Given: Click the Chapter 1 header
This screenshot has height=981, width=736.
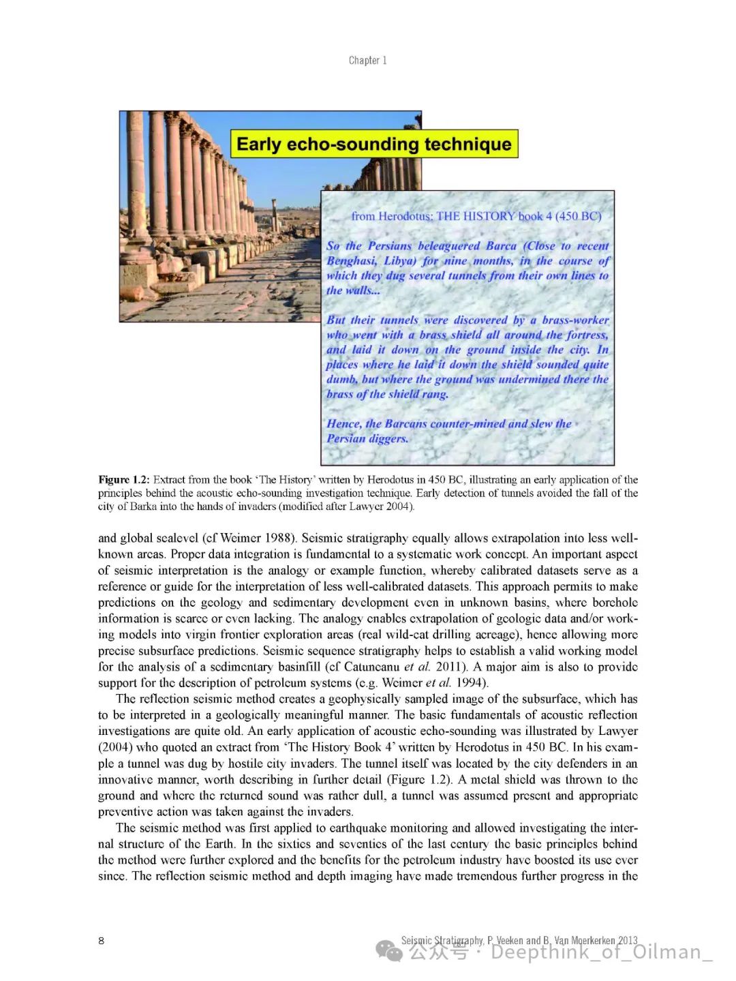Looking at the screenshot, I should point(367,61).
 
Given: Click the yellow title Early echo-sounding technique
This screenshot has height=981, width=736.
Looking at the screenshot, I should point(373,144).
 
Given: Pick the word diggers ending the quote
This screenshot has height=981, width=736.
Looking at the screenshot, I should point(388,438).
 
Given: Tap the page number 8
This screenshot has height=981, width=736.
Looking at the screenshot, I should point(102,941).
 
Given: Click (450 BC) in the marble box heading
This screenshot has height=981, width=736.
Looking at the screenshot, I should point(578,216).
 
